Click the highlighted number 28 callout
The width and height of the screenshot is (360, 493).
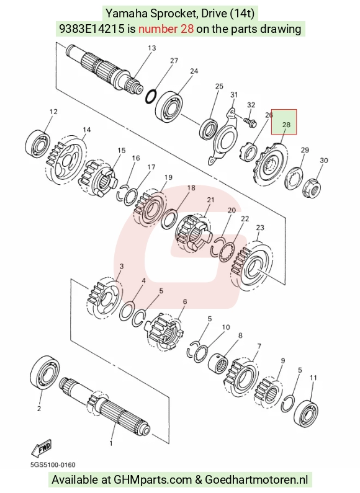[284, 122]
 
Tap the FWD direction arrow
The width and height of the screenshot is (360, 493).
[41, 448]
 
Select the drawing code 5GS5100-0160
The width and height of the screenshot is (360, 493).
[53, 464]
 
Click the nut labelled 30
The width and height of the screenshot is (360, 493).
[312, 188]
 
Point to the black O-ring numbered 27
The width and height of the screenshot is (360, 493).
[151, 96]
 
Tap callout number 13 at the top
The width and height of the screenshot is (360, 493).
[151, 48]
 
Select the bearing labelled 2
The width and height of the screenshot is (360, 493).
[45, 373]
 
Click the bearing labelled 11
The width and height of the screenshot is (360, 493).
[305, 414]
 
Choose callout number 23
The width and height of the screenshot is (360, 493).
[260, 228]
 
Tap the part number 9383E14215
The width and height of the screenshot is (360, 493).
[92, 29]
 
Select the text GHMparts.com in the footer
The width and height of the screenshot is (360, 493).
[153, 480]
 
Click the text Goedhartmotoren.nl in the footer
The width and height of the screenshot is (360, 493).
[256, 480]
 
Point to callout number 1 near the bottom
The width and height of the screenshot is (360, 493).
[110, 443]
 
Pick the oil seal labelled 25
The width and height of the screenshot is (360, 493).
[209, 128]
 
